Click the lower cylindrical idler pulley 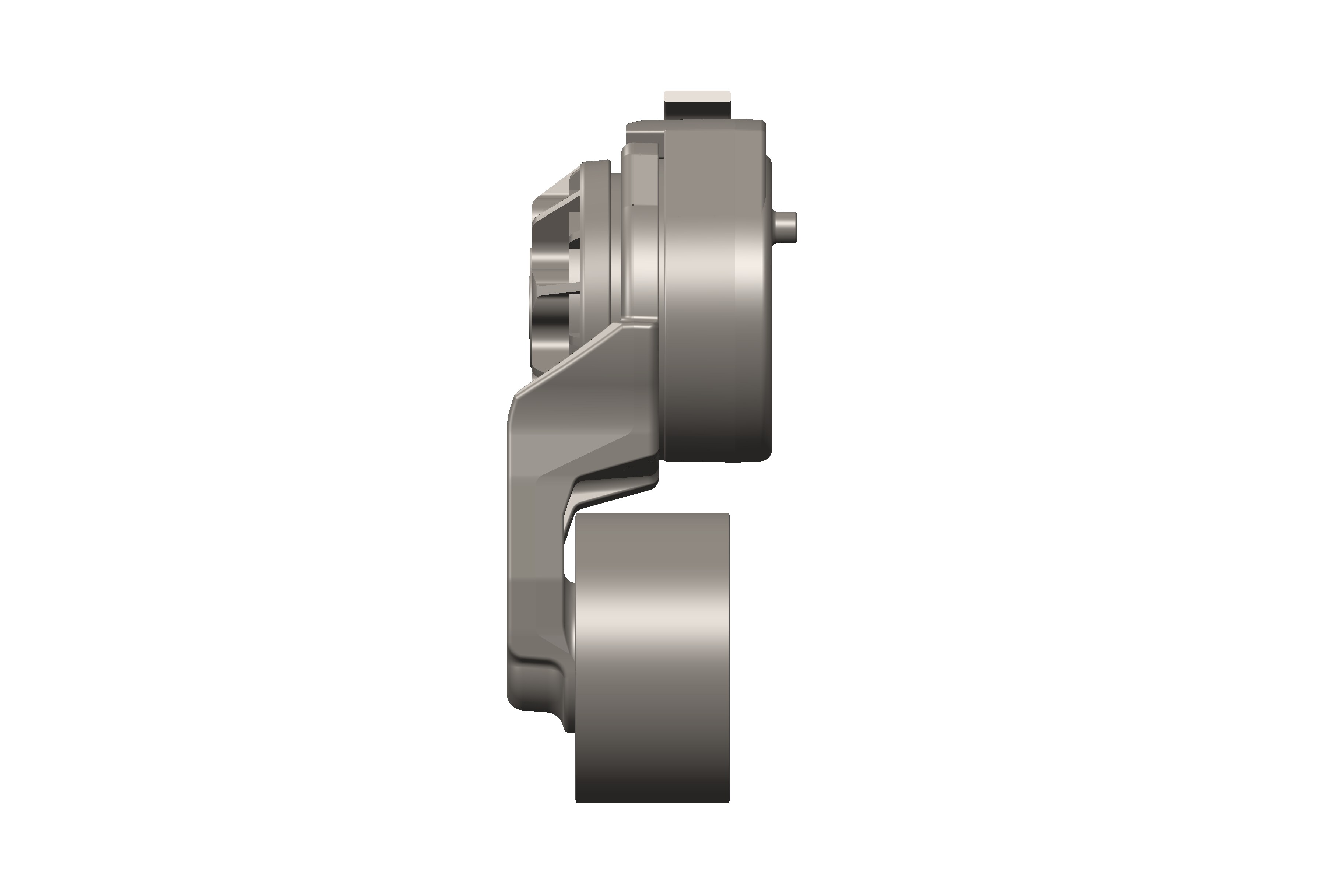(x=652, y=660)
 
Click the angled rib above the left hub (x=555, y=203)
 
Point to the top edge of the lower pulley (x=652, y=514)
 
